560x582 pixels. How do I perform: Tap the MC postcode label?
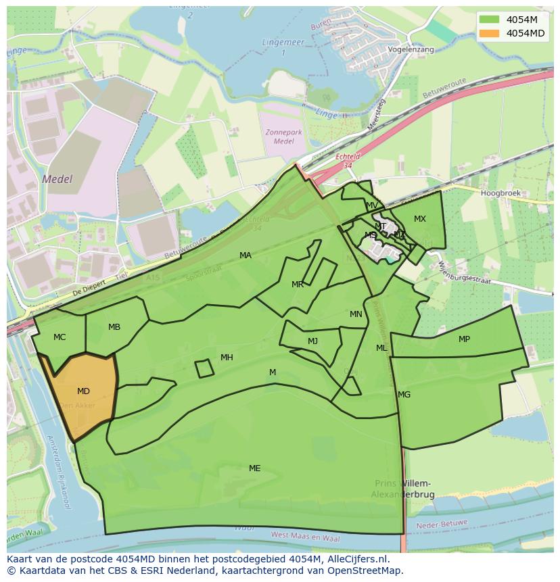pyautogui.click(x=60, y=337)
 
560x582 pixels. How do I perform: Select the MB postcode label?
pyautogui.click(x=114, y=327)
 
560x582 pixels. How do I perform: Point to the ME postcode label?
pyautogui.click(x=254, y=468)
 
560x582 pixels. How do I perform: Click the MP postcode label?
pyautogui.click(x=464, y=339)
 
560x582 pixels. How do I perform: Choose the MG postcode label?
pyautogui.click(x=404, y=395)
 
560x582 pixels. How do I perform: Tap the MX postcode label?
pyautogui.click(x=420, y=219)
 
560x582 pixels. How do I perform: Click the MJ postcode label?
pyautogui.click(x=312, y=341)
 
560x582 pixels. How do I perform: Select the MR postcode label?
pyautogui.click(x=298, y=285)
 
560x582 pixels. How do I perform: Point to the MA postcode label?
pyautogui.click(x=246, y=256)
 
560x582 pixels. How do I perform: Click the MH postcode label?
pyautogui.click(x=227, y=358)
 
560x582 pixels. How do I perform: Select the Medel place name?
pyautogui.click(x=57, y=180)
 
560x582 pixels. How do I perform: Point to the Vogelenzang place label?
pyautogui.click(x=411, y=50)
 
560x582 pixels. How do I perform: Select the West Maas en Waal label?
pyautogui.click(x=305, y=537)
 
